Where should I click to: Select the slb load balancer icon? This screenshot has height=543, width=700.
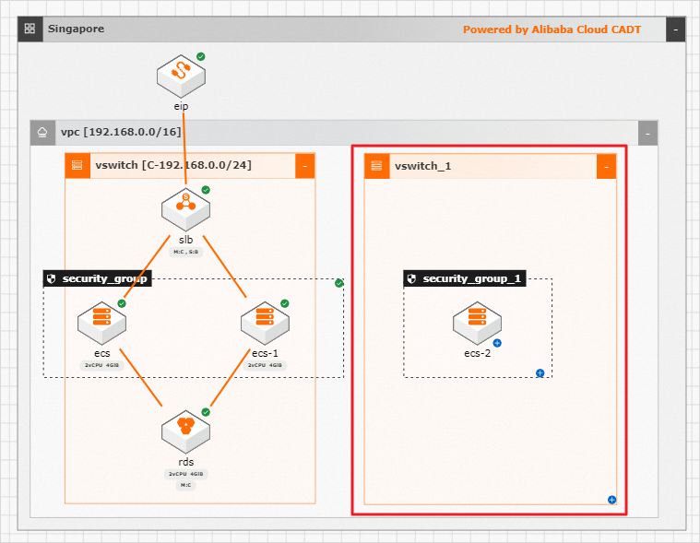pyautogui.click(x=185, y=207)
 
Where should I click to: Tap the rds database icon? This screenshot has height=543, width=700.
pyautogui.click(x=185, y=430)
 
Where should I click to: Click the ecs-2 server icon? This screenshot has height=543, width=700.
pyautogui.click(x=477, y=322)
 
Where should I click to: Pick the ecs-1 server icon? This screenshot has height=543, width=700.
pyautogui.click(x=265, y=322)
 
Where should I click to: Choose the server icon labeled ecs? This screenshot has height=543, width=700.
pyautogui.click(x=101, y=322)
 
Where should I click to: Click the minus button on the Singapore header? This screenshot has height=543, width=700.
pyautogui.click(x=676, y=30)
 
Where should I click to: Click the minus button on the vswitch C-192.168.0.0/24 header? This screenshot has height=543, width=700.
pyautogui.click(x=305, y=166)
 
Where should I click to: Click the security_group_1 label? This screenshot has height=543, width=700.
pyautogui.click(x=465, y=278)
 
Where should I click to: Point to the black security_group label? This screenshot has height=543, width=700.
pyautogui.click(x=97, y=278)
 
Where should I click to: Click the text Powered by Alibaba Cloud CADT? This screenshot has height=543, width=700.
pyautogui.click(x=552, y=30)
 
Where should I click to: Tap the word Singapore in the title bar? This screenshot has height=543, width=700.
pyautogui.click(x=76, y=30)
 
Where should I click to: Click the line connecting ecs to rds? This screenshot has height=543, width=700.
pyautogui.click(x=143, y=379)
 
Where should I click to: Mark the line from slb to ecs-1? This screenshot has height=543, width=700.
pyautogui.click(x=225, y=266)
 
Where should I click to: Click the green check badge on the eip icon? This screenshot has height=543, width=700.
pyautogui.click(x=201, y=57)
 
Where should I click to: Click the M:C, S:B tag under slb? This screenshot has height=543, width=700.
pyautogui.click(x=185, y=252)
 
